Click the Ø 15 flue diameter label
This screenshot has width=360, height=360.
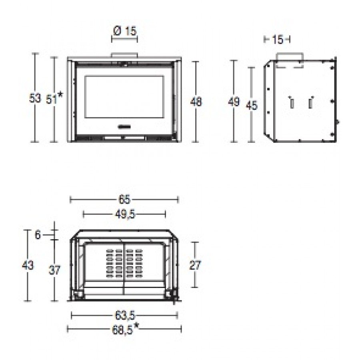click(x=125, y=31)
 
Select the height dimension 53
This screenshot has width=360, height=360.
click(x=35, y=98)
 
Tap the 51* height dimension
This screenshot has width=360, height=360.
click(x=54, y=98)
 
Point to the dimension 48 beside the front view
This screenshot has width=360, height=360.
click(x=196, y=102)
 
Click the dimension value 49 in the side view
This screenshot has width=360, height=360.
click(x=234, y=102)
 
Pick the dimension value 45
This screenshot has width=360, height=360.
click(x=252, y=105)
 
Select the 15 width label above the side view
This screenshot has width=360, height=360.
click(x=277, y=39)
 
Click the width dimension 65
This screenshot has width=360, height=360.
click(x=125, y=199)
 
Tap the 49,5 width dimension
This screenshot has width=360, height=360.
click(x=125, y=214)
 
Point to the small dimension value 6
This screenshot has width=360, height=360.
click(x=38, y=235)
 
